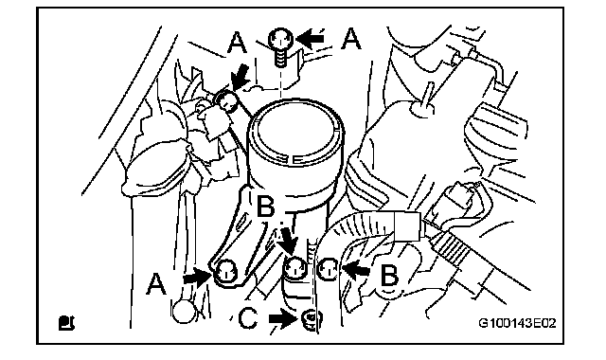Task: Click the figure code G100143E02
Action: pyautogui.click(x=517, y=323)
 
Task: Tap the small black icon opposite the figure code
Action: pyautogui.click(x=66, y=323)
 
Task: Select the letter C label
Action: pyautogui.click(x=248, y=319)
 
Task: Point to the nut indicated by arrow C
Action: pyautogui.click(x=312, y=321)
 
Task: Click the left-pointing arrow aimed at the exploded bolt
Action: pyautogui.click(x=312, y=39)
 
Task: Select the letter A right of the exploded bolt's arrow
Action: pyautogui.click(x=351, y=39)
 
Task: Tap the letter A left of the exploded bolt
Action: pyautogui.click(x=237, y=43)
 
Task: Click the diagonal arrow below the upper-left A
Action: pyautogui.click(x=240, y=77)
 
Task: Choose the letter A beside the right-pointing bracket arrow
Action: pyautogui.click(x=156, y=284)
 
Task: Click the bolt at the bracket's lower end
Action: pyautogui.click(x=226, y=272)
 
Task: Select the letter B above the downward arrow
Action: pyautogui.click(x=266, y=206)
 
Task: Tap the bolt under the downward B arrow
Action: pyautogui.click(x=295, y=268)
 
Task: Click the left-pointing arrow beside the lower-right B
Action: pyautogui.click(x=356, y=268)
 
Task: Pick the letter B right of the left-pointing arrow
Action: pyautogui.click(x=389, y=276)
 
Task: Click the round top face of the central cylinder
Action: pyautogui.click(x=294, y=129)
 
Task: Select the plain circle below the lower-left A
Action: pyautogui.click(x=184, y=312)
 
